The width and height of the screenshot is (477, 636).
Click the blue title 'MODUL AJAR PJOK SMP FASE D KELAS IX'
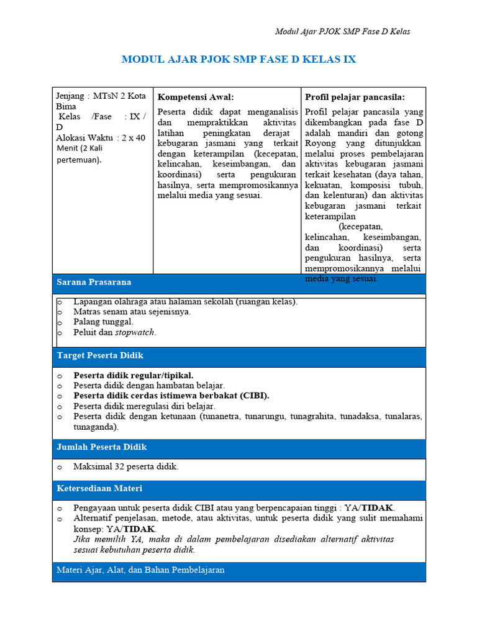(x=238, y=60)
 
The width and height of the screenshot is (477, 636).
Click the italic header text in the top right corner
(x=342, y=32)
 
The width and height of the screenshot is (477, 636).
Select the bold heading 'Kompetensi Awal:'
(x=196, y=97)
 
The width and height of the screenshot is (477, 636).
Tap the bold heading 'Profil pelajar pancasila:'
(x=355, y=97)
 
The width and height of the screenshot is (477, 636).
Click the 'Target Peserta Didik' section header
(x=100, y=356)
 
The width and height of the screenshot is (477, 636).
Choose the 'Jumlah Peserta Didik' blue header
(x=102, y=447)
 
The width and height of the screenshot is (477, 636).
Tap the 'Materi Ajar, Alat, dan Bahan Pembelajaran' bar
(x=140, y=570)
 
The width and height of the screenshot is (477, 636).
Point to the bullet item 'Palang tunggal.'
(x=103, y=322)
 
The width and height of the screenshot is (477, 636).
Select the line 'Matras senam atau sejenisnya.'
(x=132, y=312)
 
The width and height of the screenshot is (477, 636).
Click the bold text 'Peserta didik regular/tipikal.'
(x=134, y=376)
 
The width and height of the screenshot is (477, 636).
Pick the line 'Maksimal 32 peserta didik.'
(x=125, y=467)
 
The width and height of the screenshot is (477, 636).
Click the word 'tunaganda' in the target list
(x=95, y=427)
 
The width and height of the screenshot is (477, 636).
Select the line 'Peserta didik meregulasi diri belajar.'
(x=144, y=406)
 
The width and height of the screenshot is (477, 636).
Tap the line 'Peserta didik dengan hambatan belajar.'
(x=149, y=386)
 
